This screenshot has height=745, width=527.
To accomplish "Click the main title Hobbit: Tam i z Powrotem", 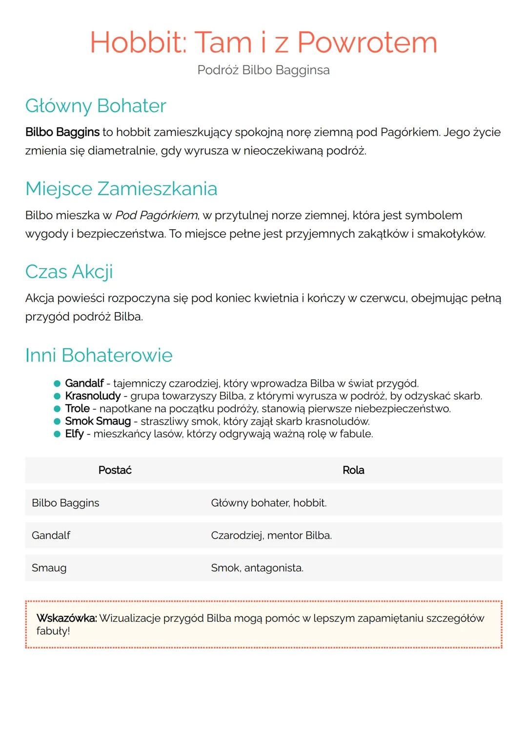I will tap(263, 42).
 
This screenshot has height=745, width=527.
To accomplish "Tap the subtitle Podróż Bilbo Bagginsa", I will tap(263, 70).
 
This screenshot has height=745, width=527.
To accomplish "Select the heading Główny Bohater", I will tap(96, 106).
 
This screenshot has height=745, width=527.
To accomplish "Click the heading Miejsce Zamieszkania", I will tap(121, 189).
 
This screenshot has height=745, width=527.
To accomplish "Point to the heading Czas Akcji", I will tap(69, 272).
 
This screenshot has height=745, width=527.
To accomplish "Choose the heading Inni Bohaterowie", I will tap(99, 355).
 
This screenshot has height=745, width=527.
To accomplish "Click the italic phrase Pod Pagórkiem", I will tap(156, 215).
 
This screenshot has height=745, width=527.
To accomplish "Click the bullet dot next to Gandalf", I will tap(57, 384).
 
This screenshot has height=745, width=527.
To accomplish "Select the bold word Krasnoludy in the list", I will tap(93, 396).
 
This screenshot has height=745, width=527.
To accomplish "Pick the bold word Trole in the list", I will tap(78, 409).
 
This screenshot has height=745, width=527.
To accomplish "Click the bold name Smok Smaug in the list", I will tap(98, 421).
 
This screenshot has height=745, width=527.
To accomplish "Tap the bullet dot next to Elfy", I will tap(57, 434).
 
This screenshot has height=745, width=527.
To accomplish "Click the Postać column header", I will tap(115, 470).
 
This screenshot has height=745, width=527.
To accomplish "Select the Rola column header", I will tap(353, 470).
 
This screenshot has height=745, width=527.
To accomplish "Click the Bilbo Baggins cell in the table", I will tap(65, 503).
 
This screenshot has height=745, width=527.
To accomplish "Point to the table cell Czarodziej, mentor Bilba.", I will tap(271, 535).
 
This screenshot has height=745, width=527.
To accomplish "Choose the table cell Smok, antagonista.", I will tap(257, 568).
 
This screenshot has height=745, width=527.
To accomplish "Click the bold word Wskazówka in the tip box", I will tap(67, 618).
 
